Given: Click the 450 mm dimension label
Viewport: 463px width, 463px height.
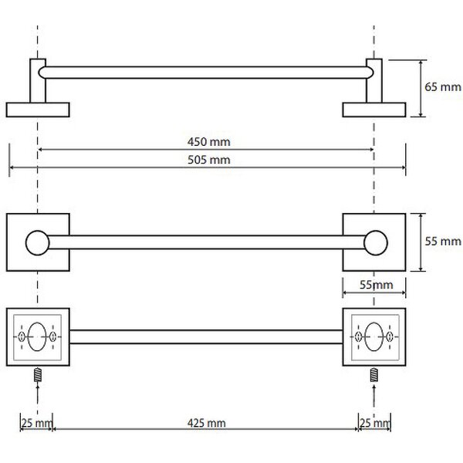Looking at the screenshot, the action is click(x=209, y=142).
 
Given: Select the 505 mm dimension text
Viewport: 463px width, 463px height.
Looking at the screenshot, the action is click(x=209, y=160).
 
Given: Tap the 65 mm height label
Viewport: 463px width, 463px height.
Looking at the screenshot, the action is click(x=443, y=87).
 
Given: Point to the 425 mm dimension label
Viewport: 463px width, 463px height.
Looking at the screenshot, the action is click(x=206, y=423).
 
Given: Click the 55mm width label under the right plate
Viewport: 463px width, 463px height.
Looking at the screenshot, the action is click(x=377, y=285).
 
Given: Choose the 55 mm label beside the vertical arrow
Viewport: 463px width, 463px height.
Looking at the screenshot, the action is click(x=443, y=242).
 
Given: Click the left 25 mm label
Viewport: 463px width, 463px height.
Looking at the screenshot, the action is click(x=36, y=423).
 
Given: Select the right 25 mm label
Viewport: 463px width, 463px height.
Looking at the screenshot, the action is click(x=374, y=423).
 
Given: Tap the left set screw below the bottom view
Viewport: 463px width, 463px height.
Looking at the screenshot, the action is click(x=38, y=375).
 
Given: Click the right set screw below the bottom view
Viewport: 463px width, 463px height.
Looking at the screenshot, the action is click(x=374, y=375).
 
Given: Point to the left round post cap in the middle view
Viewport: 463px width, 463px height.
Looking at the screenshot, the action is click(x=38, y=243).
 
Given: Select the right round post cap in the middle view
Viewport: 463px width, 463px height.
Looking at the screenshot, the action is click(x=376, y=243).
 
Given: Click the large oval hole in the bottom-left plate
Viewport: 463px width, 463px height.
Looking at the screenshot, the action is click(x=37, y=336).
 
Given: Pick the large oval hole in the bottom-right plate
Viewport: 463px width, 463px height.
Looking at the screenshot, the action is click(x=373, y=336).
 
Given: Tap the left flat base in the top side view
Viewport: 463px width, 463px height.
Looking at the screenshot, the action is click(x=38, y=110).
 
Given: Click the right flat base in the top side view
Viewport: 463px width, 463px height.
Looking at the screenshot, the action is click(x=374, y=110).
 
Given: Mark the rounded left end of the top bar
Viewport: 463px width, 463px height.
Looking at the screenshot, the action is click(x=42, y=73).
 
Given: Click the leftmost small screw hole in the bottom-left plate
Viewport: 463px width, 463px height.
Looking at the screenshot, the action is click(x=22, y=336).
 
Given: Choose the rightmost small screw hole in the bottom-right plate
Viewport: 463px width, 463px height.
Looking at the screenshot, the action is click(x=390, y=336).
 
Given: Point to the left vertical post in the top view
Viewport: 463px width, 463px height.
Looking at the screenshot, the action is click(x=38, y=80).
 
